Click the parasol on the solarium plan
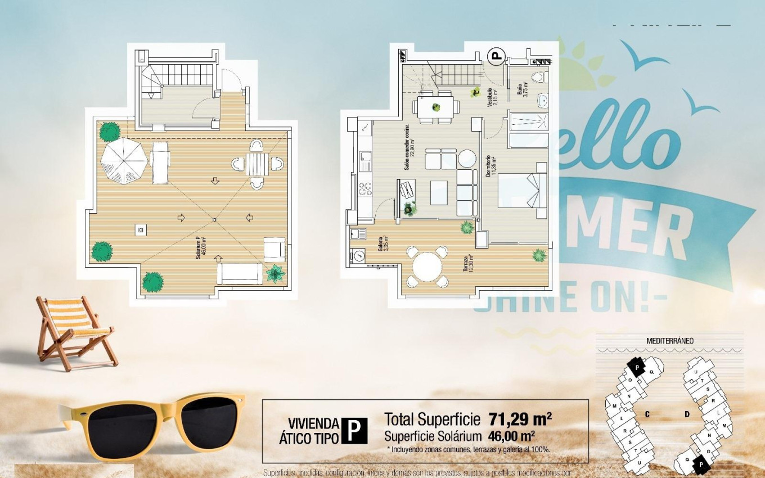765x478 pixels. pyautogui.click(x=124, y=161)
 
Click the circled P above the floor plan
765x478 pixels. pyautogui.click(x=496, y=55)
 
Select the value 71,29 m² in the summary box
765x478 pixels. pyautogui.click(x=520, y=419)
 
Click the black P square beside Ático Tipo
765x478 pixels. pyautogui.click(x=354, y=431)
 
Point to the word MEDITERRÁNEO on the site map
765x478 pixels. pyautogui.click(x=669, y=341)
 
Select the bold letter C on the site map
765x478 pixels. pyautogui.click(x=647, y=414)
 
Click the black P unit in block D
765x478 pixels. pyautogui.click(x=701, y=465)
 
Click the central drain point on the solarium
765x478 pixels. pyautogui.click(x=214, y=218)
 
